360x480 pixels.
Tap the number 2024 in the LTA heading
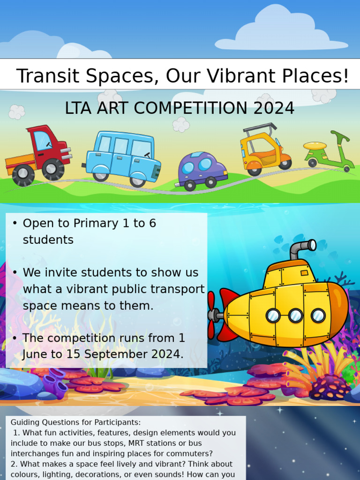pyautogui.click(x=274, y=108)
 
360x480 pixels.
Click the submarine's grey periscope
pyautogui.click(x=300, y=248)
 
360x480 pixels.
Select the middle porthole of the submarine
pyautogui.click(x=295, y=315)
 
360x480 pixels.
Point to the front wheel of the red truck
pyautogui.click(x=52, y=169)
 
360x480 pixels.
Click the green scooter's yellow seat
pyautogui.click(x=315, y=146)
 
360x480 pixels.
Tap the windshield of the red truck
pyautogui.click(x=43, y=140)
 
